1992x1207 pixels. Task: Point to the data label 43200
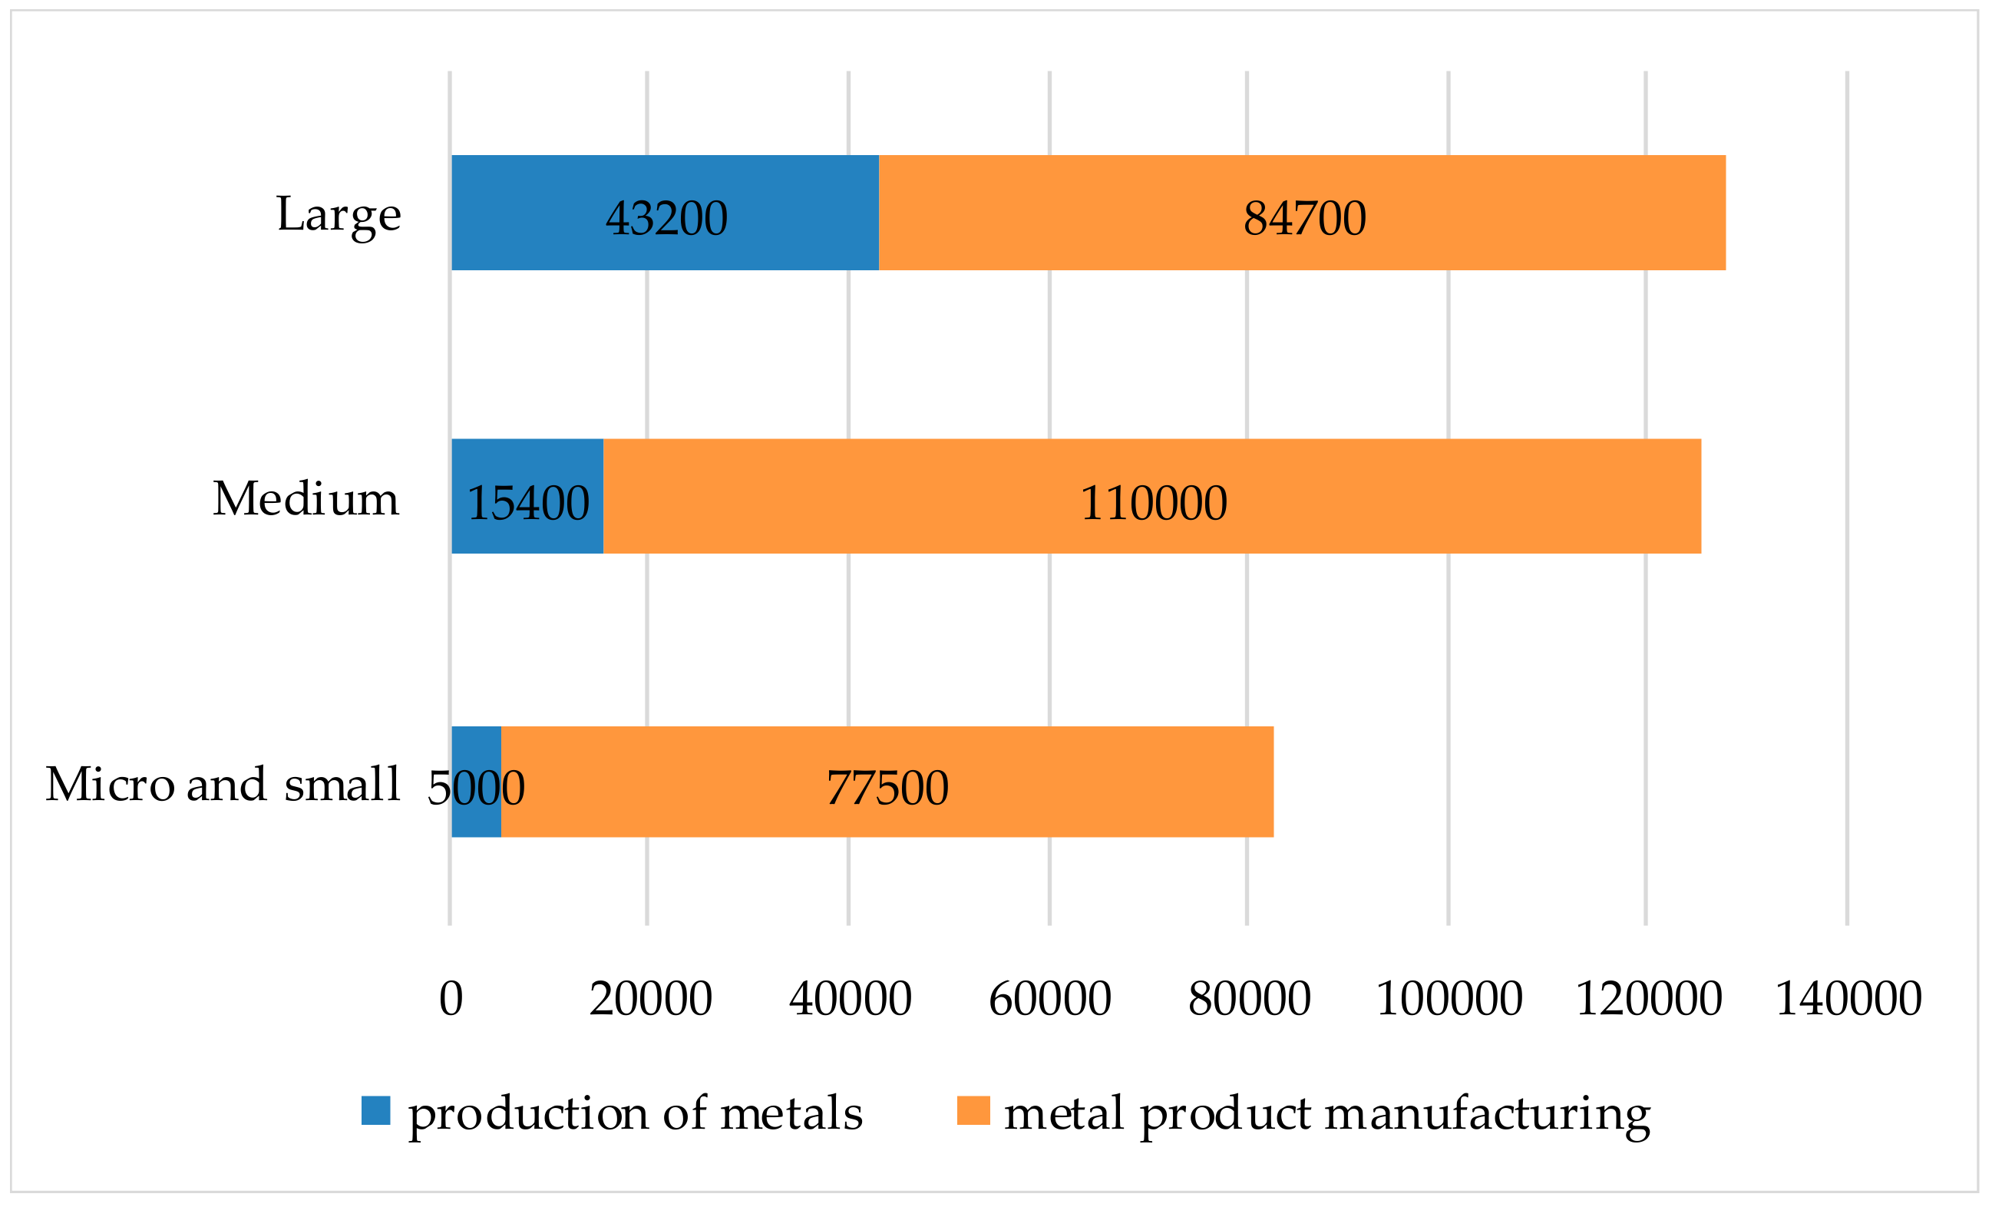click(x=666, y=218)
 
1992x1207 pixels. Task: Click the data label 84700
click(x=1304, y=218)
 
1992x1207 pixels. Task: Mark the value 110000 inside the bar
click(x=1153, y=503)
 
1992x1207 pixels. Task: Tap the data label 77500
click(x=887, y=789)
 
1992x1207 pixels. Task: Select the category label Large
click(x=339, y=215)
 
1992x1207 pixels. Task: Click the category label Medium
click(x=306, y=499)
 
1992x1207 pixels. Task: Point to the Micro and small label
click(x=223, y=784)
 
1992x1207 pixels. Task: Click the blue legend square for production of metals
click(x=376, y=1110)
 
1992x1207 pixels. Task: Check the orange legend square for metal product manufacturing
click(x=973, y=1110)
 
